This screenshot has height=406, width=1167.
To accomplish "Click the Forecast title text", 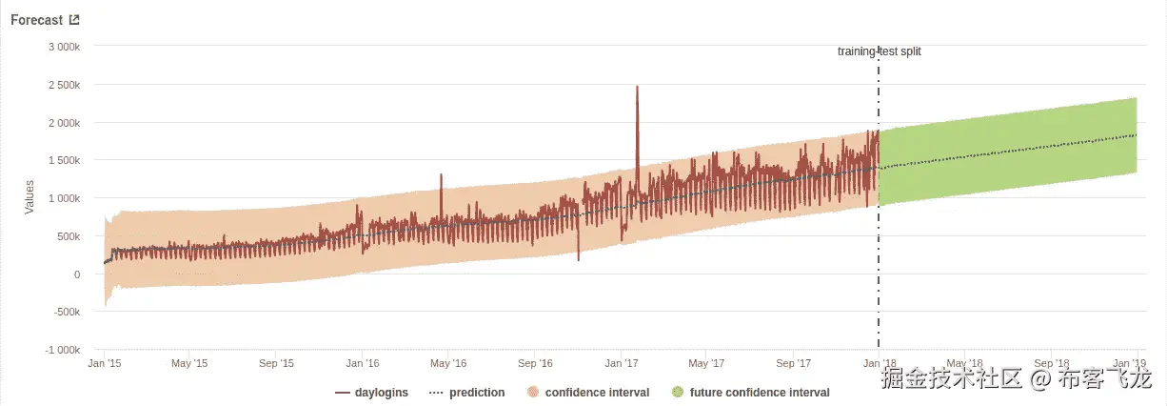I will [x=36, y=20].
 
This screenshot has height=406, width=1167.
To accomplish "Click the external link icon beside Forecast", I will [x=74, y=20].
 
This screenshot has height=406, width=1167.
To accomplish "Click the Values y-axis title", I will [x=30, y=198].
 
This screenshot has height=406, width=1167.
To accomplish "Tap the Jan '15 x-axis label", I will [x=104, y=363].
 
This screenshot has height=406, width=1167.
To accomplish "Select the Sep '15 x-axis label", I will [x=275, y=363].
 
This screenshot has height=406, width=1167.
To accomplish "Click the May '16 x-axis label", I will [x=447, y=363].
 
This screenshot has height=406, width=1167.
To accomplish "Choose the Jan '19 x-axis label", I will [x=1129, y=363].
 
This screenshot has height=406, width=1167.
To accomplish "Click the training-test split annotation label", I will [x=879, y=51].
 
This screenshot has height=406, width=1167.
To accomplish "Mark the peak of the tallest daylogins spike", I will [x=637, y=87].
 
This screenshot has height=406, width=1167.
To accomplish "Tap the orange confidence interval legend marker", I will [x=532, y=393].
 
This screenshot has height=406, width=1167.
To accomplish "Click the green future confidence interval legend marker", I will [x=677, y=393].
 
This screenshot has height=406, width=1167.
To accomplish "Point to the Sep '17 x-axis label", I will [x=793, y=363].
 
